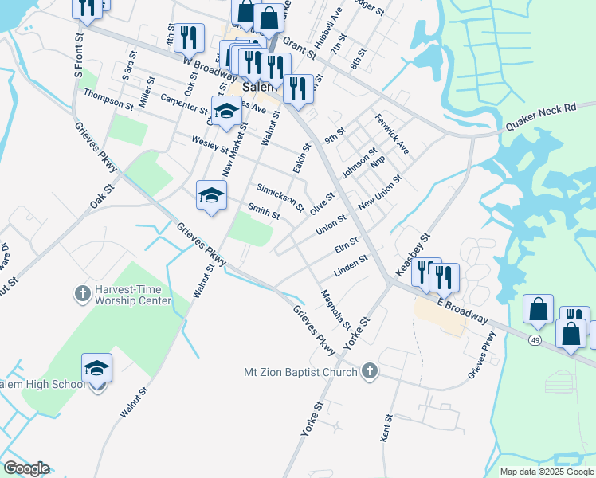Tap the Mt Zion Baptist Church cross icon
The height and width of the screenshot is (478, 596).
(x=369, y=371)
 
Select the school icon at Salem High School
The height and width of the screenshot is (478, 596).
(x=96, y=368)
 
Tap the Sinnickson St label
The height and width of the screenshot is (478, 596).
(x=280, y=198)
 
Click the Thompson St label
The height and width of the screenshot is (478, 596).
(x=109, y=100)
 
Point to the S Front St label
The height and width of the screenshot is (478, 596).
(x=79, y=54)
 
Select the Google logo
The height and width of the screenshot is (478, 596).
(x=25, y=468)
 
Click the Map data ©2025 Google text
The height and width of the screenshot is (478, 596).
(x=547, y=472)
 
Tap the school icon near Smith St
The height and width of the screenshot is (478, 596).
(x=212, y=195)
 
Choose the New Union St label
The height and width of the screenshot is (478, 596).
(x=378, y=194)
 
